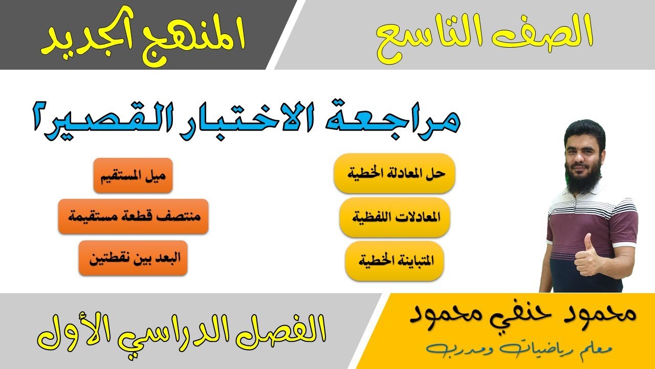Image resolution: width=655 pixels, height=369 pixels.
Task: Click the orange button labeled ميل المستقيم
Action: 133,175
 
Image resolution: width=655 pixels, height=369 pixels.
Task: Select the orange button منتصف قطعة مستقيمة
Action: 133,216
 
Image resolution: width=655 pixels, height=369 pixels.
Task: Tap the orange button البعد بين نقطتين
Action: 133,258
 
